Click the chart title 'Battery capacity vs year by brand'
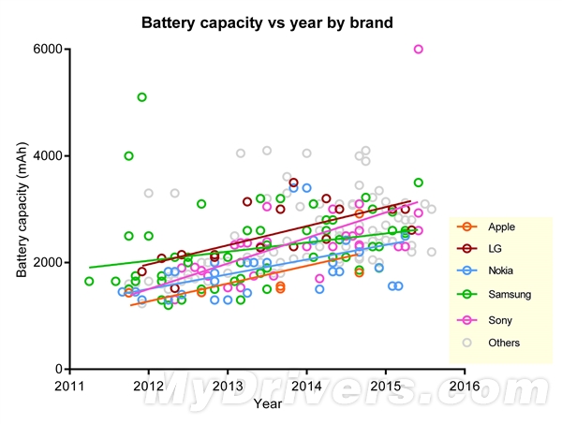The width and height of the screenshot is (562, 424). (x=267, y=20)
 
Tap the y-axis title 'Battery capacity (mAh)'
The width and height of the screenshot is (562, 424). (x=22, y=209)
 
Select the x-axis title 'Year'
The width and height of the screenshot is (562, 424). (x=267, y=403)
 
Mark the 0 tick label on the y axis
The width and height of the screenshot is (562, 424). (x=58, y=369)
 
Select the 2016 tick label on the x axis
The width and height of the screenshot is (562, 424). (x=465, y=385)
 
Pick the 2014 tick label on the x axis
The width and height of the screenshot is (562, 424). (x=306, y=385)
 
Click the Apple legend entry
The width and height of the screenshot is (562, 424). (x=500, y=227)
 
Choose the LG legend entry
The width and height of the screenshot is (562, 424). (x=495, y=249)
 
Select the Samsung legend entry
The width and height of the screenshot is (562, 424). (x=509, y=294)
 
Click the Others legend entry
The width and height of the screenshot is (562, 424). (x=504, y=343)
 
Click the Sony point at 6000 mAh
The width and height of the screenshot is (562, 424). (x=419, y=49)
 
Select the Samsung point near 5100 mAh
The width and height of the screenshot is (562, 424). (x=141, y=96)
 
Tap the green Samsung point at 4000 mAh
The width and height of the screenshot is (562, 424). (x=128, y=155)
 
